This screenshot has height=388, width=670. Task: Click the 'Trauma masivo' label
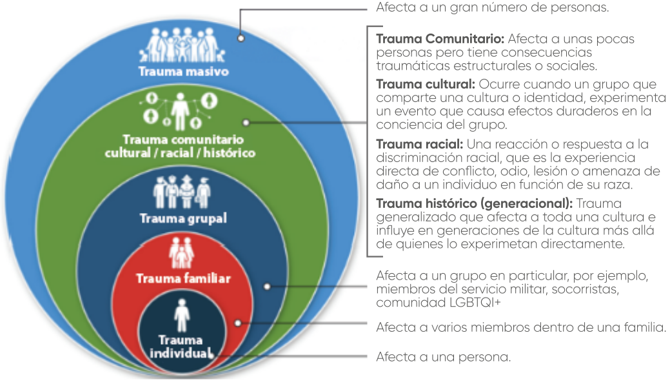[x=184, y=72]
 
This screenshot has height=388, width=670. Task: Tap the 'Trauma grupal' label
[x=183, y=218]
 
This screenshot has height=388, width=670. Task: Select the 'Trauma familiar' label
[x=183, y=279]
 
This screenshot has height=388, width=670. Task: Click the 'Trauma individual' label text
[x=181, y=347]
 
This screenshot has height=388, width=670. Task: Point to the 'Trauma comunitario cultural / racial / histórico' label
[x=180, y=146]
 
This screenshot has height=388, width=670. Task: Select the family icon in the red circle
[x=182, y=254]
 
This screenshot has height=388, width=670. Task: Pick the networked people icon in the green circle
[x=181, y=110]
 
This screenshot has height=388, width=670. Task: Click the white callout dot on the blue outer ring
[x=241, y=37]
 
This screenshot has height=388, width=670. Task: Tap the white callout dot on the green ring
[x=246, y=122]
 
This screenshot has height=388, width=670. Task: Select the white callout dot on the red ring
[x=239, y=322]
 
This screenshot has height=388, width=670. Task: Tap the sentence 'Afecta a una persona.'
[x=443, y=356]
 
